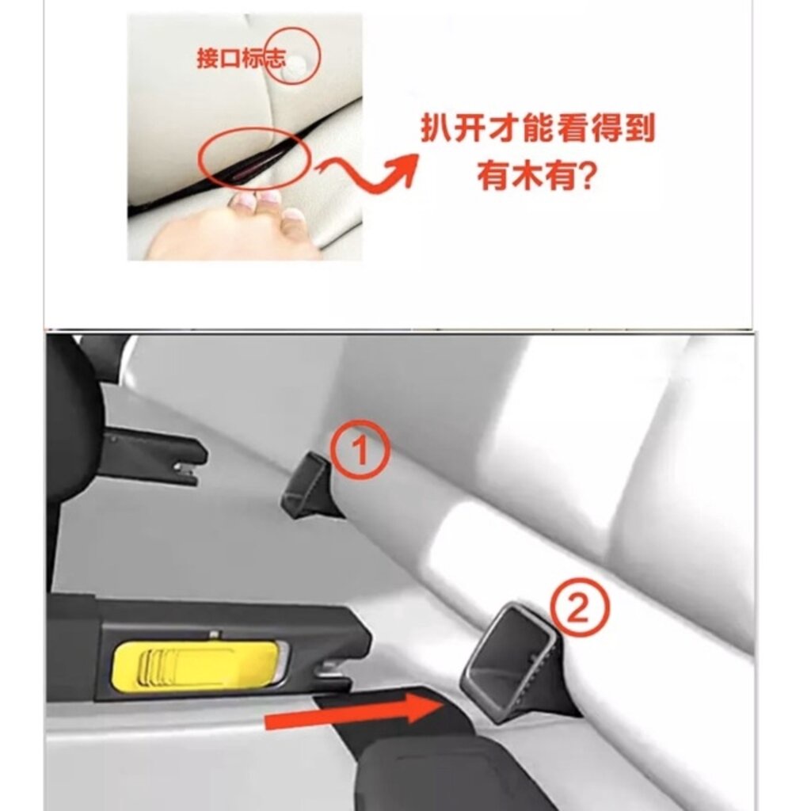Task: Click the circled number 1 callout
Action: (360, 449)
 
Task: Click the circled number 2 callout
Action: (579, 609)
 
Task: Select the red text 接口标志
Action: (241, 58)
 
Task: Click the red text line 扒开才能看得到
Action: (538, 128)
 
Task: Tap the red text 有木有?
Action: (535, 177)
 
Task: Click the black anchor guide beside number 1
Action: (310, 485)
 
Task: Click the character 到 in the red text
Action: (640, 128)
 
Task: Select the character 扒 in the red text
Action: (436, 128)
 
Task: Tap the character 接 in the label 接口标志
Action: (208, 58)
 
